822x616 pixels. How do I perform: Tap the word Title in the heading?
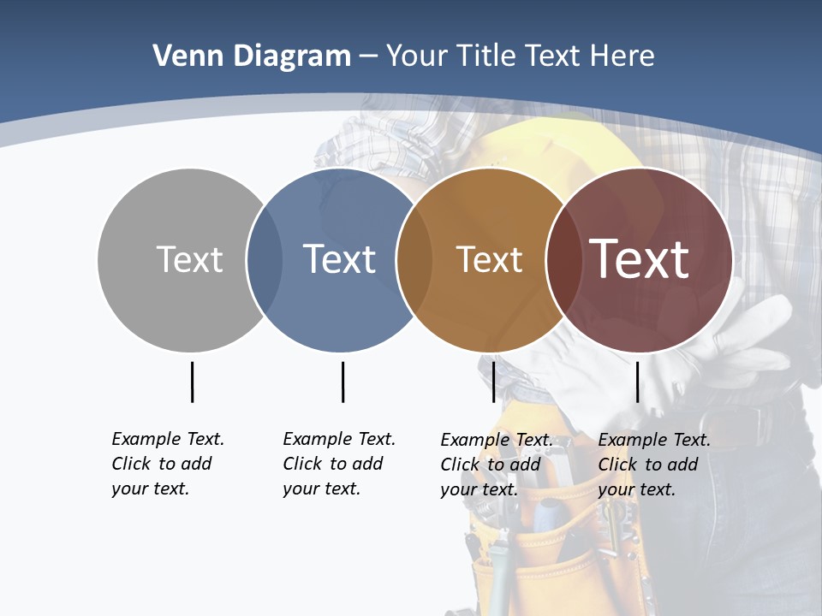coord(487,56)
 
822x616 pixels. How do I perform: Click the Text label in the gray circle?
coord(189,259)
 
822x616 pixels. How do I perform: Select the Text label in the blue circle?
coord(340,259)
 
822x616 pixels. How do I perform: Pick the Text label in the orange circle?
coord(489,259)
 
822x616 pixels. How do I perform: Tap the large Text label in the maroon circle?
coord(640,259)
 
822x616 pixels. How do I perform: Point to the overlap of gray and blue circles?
coord(265,260)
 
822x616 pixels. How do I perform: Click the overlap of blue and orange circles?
coord(414,260)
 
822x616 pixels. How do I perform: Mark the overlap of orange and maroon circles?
coord(563,260)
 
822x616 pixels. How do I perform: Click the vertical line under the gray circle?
coord(192,382)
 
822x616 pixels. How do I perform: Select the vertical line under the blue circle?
coord(342,382)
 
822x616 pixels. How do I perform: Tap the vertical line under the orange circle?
coord(493,382)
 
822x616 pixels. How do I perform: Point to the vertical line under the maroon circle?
coord(637,382)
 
